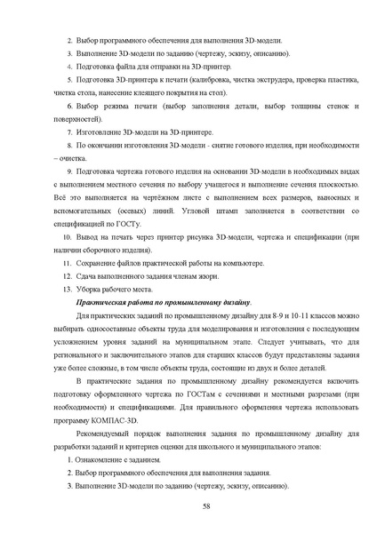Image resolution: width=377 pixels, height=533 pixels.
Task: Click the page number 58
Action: click(x=206, y=505)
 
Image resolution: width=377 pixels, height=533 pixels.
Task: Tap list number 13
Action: click(x=64, y=290)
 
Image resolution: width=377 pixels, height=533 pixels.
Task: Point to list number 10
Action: click(x=64, y=239)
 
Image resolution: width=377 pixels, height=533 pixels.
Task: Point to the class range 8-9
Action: click(x=267, y=316)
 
